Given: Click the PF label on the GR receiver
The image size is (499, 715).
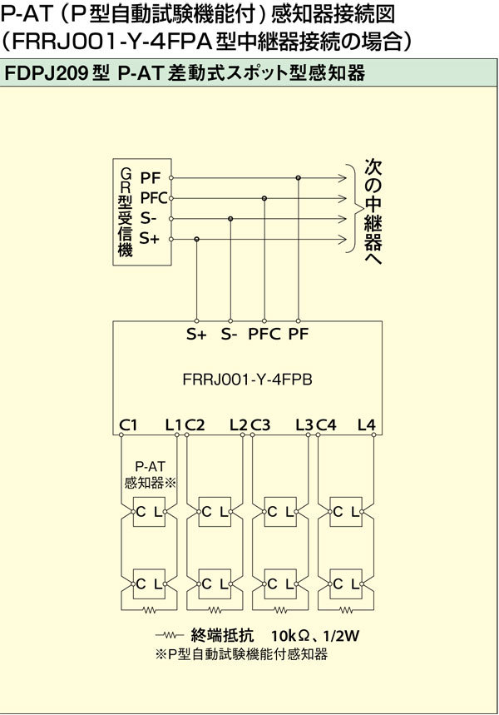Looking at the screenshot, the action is (x=150, y=178).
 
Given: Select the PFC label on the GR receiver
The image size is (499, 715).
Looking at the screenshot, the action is (x=154, y=198).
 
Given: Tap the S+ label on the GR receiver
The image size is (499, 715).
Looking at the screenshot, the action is (x=150, y=239).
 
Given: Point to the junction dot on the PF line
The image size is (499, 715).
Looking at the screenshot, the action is (x=298, y=177).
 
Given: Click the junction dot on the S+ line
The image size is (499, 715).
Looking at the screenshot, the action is (x=196, y=239).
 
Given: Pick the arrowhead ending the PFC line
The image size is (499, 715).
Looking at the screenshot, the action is (x=342, y=198).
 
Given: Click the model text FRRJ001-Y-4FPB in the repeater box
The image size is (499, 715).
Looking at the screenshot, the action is (x=248, y=380).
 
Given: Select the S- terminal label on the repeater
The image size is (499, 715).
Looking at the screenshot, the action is (x=230, y=335).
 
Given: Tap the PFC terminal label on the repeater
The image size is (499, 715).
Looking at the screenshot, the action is (x=264, y=335).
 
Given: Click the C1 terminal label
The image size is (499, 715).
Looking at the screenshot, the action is (x=128, y=425).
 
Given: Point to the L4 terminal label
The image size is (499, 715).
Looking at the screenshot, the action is (x=367, y=425).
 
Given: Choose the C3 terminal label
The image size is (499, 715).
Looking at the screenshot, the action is (x=260, y=425).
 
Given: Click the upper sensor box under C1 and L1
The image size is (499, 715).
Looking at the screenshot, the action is (x=149, y=512).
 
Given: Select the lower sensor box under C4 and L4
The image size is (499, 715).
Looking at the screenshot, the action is (x=346, y=584).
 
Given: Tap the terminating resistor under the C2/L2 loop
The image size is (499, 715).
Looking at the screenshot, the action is (x=215, y=609).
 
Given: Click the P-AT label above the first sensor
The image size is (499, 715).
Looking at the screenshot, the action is (x=150, y=466).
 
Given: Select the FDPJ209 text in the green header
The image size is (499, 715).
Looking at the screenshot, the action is (x=46, y=73).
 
